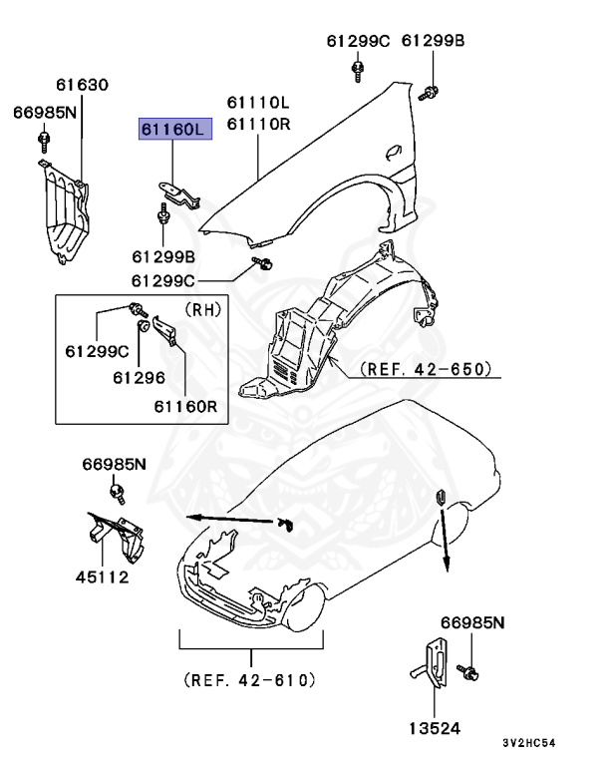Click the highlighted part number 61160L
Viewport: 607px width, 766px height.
tap(174, 129)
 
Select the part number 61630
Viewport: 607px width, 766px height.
tap(82, 87)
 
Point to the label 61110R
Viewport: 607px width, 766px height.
tap(257, 124)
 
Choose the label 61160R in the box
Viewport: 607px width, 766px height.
tap(185, 407)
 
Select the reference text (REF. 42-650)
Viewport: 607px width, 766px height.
tap(427, 369)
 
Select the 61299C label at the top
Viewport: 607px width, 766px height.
tap(358, 41)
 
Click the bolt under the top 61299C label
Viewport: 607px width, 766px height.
tap(358, 71)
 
